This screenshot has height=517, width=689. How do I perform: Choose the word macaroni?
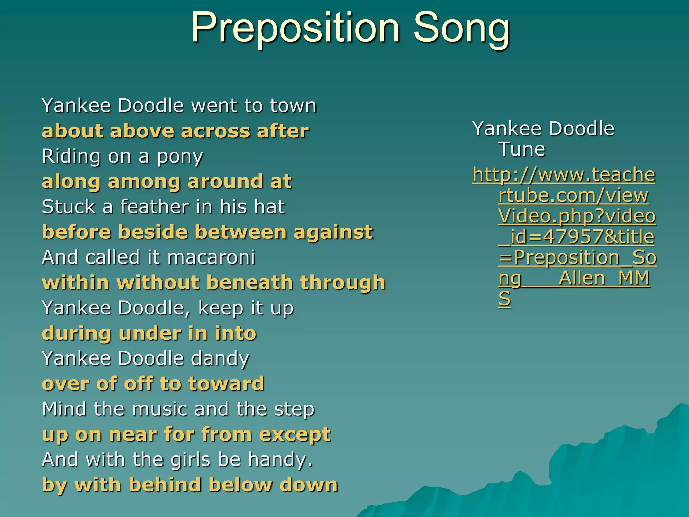coord(211,257)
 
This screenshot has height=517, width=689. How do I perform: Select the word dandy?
coord(220,359)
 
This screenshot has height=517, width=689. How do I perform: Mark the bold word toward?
coord(226,384)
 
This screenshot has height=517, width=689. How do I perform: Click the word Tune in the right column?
coord(521,149)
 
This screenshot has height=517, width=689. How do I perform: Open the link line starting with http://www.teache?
coord(564,175)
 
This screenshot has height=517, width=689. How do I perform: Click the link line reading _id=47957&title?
coord(576,237)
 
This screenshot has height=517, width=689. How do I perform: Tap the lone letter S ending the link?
coord(504,299)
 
